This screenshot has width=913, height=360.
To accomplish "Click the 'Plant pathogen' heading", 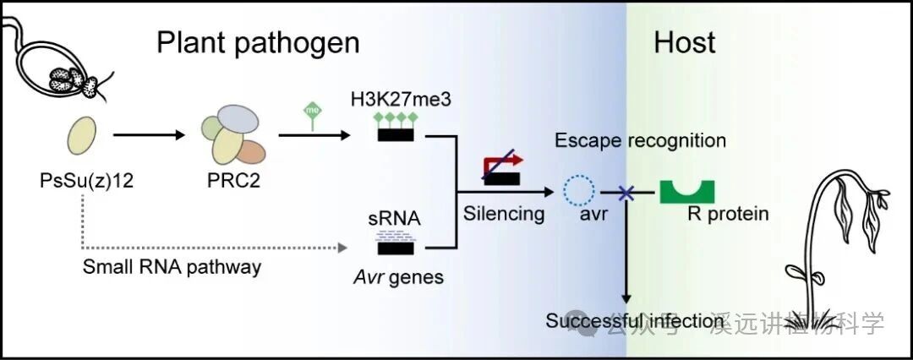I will tap(258, 43).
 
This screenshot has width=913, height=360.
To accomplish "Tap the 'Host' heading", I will tap(684, 42).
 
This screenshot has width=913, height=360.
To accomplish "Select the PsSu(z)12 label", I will tap(82, 181).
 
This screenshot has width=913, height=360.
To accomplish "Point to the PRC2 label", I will tap(232, 181).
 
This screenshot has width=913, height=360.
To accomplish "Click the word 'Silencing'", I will tap(504, 213).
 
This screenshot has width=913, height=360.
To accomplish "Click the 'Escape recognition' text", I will tap(640, 139).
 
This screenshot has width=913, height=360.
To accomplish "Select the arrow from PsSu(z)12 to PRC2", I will tap(149, 134).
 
